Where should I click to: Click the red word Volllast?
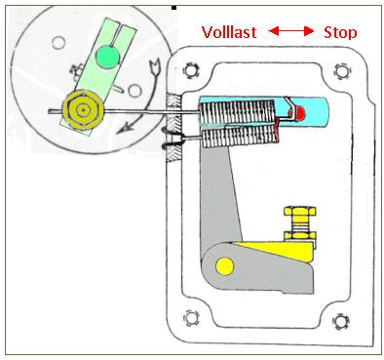(229, 32)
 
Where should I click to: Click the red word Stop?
(340, 33)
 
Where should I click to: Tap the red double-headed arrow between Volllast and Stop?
(291, 31)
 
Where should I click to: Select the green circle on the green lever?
(107, 57)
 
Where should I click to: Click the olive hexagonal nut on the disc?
(84, 110)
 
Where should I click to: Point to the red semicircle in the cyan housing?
(300, 112)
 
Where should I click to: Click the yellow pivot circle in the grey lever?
(224, 265)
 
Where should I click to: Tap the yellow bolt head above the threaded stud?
(299, 211)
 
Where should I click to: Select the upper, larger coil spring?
(237, 112)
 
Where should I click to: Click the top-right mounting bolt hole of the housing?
(341, 70)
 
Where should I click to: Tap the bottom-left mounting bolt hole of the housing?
(191, 318)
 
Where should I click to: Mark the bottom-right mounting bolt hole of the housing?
(340, 321)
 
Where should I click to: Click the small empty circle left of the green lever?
(58, 43)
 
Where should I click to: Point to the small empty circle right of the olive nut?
(134, 91)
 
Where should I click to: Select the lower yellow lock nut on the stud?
(299, 235)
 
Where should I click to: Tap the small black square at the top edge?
(174, 7)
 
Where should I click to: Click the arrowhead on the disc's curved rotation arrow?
(123, 130)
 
